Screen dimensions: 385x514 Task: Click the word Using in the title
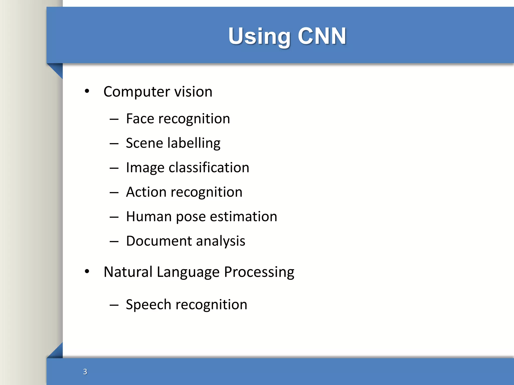tap(259, 37)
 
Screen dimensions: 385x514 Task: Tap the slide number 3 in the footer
tap(85, 371)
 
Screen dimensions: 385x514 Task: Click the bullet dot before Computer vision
tap(87, 91)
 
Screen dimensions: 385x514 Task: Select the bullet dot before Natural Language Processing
tap(87, 271)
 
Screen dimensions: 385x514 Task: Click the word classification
tap(209, 167)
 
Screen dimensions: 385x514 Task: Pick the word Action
tap(146, 192)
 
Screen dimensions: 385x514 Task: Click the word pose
tap(190, 217)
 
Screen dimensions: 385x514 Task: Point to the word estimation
tap(243, 217)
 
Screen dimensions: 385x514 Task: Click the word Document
tap(159, 241)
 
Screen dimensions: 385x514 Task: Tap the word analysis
tap(220, 241)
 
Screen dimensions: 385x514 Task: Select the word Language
tap(188, 272)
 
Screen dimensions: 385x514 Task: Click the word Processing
tap(259, 272)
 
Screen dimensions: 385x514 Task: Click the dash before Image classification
tap(114, 168)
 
